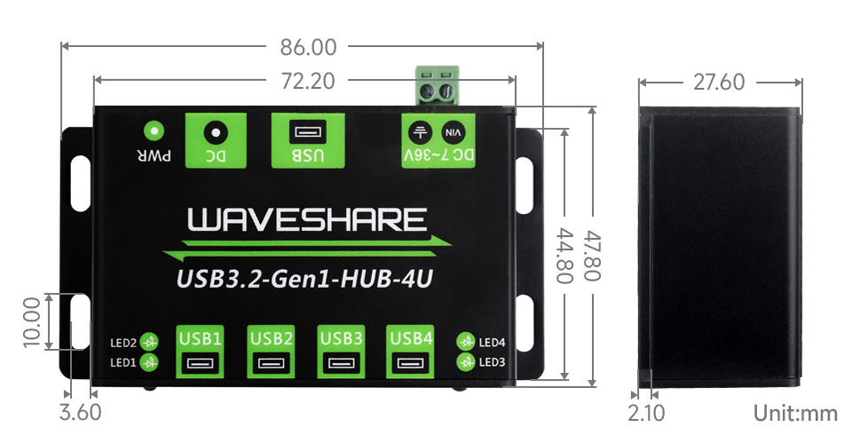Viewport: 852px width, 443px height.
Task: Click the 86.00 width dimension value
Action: [x=302, y=47]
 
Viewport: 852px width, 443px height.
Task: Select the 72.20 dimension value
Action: [x=308, y=82]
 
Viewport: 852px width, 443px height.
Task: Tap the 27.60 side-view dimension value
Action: [x=719, y=83]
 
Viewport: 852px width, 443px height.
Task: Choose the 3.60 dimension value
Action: [x=79, y=413]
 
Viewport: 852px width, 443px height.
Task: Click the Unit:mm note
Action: [x=795, y=413]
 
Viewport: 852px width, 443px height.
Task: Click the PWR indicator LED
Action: [x=154, y=131]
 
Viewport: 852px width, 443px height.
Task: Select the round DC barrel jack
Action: [x=214, y=133]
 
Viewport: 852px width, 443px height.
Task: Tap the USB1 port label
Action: [x=201, y=337]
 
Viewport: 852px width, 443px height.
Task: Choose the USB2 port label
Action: [x=271, y=337]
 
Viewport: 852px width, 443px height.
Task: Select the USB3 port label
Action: [x=341, y=337]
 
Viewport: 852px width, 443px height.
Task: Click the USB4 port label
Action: [x=411, y=337]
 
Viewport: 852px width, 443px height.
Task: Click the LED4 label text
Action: [x=492, y=342]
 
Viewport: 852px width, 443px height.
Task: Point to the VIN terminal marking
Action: [x=453, y=133]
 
